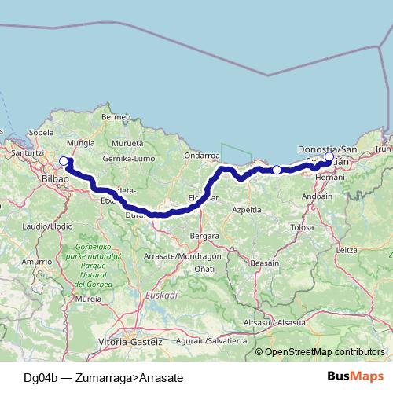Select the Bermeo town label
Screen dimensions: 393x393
tap(115, 117)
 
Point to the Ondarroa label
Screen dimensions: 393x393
tap(200, 156)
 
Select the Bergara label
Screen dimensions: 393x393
tap(204, 235)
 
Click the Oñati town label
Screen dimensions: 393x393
tap(204, 269)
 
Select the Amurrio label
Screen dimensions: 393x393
tap(36, 261)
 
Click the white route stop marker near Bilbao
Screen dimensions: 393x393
tap(64, 162)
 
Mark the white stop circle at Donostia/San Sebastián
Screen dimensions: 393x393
tap(329, 157)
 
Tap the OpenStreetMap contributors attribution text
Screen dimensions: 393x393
tap(325, 351)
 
